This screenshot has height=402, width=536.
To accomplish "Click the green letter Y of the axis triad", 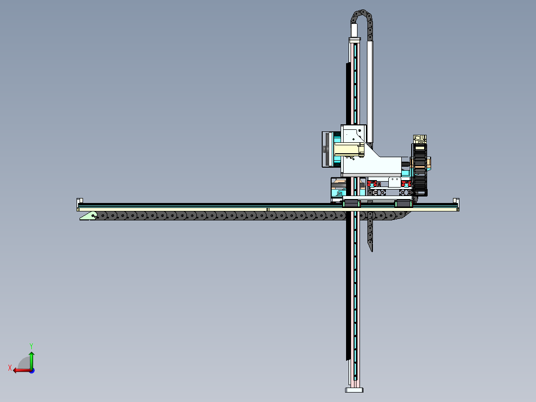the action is tap(31, 346).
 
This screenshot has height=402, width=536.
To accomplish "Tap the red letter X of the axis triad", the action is tap(10, 368).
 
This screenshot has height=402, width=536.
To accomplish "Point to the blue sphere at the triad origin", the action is tap(32, 370).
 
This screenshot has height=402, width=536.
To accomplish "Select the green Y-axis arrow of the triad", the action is tap(31, 360).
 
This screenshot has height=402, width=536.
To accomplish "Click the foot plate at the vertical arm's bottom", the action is tap(354, 390).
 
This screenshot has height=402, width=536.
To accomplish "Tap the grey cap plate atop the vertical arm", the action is tap(355, 39).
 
